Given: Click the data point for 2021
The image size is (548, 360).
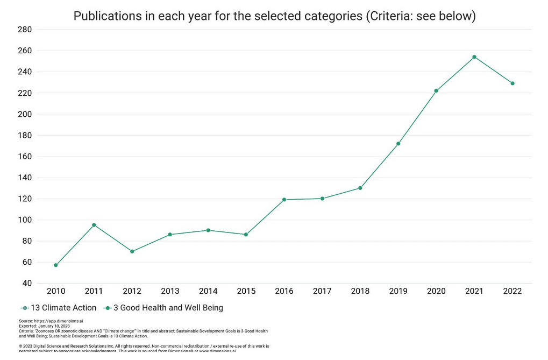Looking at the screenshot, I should (474, 57).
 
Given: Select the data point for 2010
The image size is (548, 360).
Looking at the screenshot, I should (56, 265).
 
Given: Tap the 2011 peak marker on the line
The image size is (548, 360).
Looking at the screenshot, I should (94, 225).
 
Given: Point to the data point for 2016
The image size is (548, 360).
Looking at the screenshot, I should (284, 200).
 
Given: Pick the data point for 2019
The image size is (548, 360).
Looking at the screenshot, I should (398, 144).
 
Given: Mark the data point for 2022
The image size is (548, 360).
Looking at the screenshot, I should (513, 83).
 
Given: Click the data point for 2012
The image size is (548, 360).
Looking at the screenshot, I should (132, 251).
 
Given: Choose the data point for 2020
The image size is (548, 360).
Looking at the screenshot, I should (436, 91).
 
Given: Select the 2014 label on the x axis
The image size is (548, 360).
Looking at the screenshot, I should (208, 291).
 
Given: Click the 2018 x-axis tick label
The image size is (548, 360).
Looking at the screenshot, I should (360, 291).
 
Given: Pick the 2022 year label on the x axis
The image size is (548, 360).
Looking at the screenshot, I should (513, 291).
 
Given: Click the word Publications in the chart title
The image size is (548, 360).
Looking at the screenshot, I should (105, 16).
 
